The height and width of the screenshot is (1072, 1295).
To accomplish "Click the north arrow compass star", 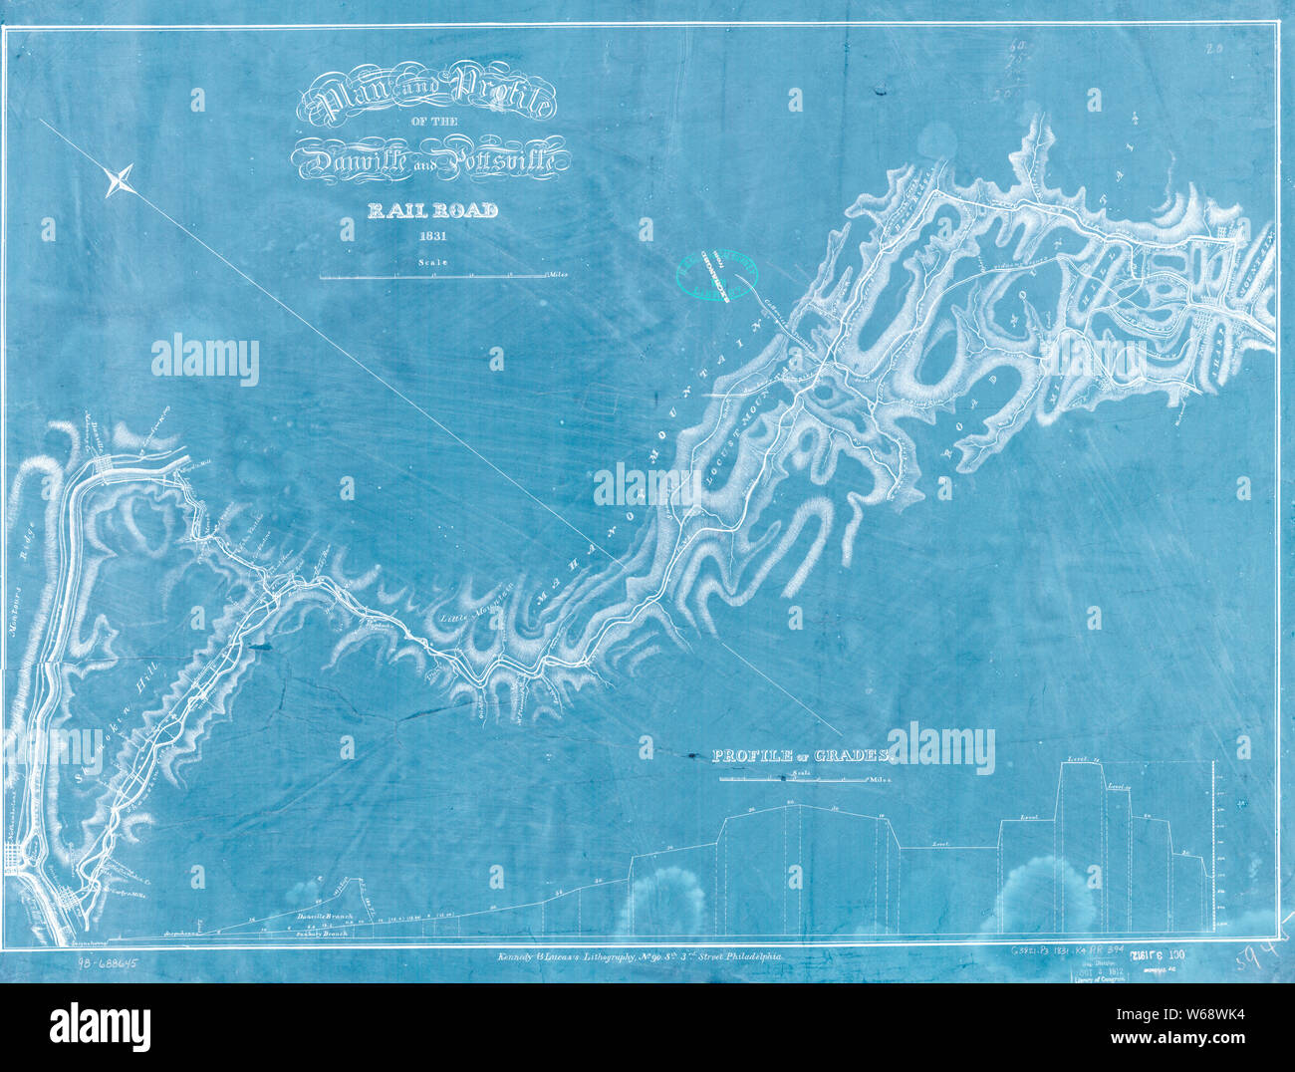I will pos(120,180).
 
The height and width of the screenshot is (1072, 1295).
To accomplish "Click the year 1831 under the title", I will pos(432,237).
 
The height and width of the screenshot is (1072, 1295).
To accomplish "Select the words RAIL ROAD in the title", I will pos(432,210).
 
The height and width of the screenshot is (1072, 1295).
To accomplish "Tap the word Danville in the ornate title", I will pos(349,158).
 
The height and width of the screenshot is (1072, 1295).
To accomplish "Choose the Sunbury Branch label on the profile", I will pos(325,936).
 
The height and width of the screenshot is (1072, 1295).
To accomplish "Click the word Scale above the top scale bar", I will pos(433,263).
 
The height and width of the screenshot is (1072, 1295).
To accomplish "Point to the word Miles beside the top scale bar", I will pos(556,273).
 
